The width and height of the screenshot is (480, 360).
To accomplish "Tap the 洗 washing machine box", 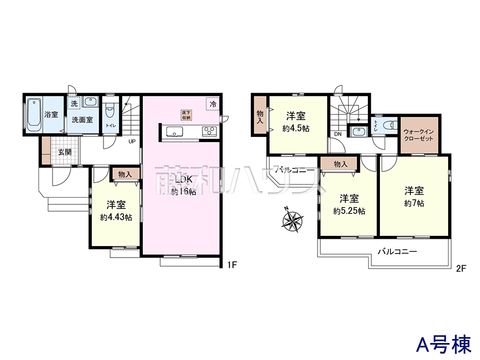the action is click(74, 103).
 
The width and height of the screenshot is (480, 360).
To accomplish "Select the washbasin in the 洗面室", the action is click(90, 102).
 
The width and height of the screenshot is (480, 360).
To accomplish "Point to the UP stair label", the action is click(132, 141).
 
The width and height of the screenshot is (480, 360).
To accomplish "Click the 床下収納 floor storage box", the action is click(186, 115).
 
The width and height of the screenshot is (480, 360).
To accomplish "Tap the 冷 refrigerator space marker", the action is click(213, 104).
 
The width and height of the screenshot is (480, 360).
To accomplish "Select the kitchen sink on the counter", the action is click(174, 132).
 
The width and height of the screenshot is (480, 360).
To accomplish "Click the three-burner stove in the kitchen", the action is click(209, 132).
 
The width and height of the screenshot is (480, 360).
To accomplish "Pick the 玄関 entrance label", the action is click(65, 152).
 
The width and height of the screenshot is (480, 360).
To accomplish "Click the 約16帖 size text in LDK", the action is click(183, 192).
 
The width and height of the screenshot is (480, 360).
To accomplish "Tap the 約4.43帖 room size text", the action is click(116, 217).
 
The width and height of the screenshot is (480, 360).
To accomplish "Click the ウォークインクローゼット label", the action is click(418, 135).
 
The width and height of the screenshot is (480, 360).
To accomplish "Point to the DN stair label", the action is click(337, 134).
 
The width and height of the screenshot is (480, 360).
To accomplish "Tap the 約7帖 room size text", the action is click(414, 203).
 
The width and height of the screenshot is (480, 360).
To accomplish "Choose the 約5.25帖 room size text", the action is click(349, 211).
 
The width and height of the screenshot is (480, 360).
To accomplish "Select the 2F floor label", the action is click(461, 268).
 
